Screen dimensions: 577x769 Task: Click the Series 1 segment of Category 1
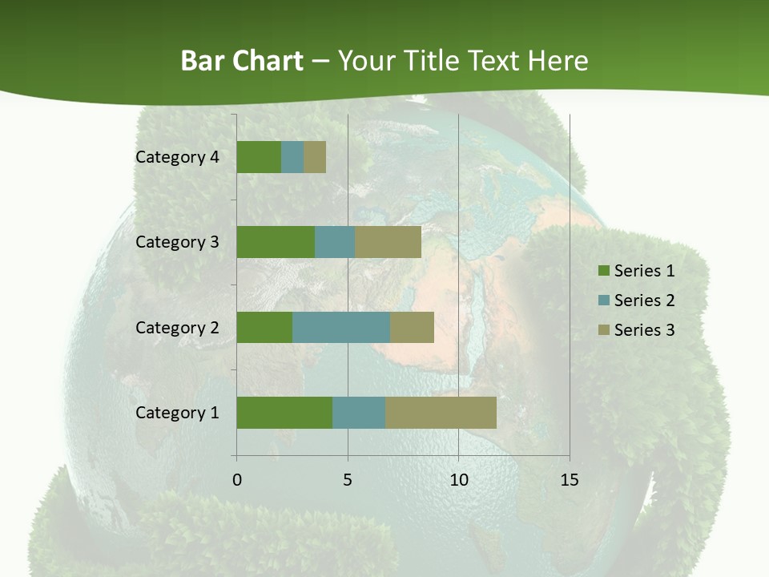[x=284, y=413]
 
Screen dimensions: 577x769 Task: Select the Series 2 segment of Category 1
[x=359, y=413]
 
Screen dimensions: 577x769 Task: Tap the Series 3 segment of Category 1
[x=441, y=413]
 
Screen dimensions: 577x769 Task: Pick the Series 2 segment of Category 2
[x=341, y=327]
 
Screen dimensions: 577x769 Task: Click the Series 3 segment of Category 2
[x=412, y=327]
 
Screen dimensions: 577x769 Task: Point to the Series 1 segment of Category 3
[x=276, y=242]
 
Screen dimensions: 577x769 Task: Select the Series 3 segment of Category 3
[x=388, y=242]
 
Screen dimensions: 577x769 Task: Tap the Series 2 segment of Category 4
[x=292, y=157]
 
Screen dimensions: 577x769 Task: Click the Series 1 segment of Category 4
[x=259, y=157]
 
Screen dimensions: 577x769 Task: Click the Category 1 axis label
[x=177, y=413]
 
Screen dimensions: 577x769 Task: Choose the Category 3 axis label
[x=177, y=242]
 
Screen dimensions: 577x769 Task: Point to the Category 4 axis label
[x=177, y=157]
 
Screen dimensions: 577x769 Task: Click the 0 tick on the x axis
[x=236, y=480]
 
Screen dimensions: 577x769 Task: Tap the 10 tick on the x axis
[x=458, y=480]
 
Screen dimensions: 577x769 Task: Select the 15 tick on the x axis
[x=569, y=480]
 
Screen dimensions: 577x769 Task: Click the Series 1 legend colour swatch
[x=603, y=271]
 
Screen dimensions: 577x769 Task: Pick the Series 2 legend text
[x=644, y=301]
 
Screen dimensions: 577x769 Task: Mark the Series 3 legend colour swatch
[x=603, y=330]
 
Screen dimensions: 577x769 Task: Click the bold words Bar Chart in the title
[x=242, y=61]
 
